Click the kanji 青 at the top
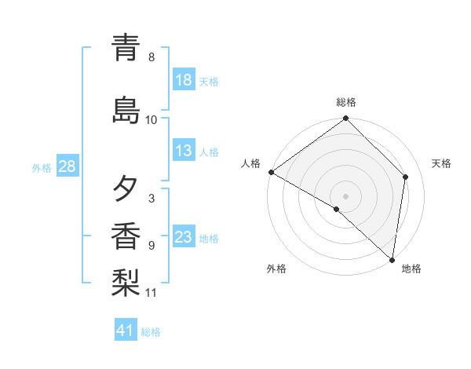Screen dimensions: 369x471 pyautogui.click(x=126, y=48)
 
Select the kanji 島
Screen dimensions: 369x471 pyautogui.click(x=126, y=110)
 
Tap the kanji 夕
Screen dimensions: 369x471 pyautogui.click(x=126, y=189)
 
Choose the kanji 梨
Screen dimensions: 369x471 pyautogui.click(x=126, y=282)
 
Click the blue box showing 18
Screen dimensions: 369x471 pyautogui.click(x=184, y=80)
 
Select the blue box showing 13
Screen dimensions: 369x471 pyautogui.click(x=184, y=151)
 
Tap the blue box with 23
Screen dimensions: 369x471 pyautogui.click(x=184, y=237)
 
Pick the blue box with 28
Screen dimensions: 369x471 pyautogui.click(x=66, y=166)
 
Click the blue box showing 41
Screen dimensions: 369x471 pyautogui.click(x=126, y=331)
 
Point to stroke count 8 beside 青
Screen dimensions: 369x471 pyautogui.click(x=152, y=57)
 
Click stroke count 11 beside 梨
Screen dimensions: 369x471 pyautogui.click(x=152, y=293)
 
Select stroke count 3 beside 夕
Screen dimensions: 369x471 pyautogui.click(x=152, y=199)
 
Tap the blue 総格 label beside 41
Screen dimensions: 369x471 pyautogui.click(x=152, y=332)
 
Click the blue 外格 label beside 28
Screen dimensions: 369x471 pyautogui.click(x=42, y=167)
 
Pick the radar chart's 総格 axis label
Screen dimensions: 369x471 pyautogui.click(x=346, y=102)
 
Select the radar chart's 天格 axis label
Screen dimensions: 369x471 pyautogui.click(x=441, y=163)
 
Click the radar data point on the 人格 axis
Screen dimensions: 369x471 pyautogui.click(x=271, y=172)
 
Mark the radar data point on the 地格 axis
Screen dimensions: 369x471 pyautogui.click(x=392, y=259)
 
